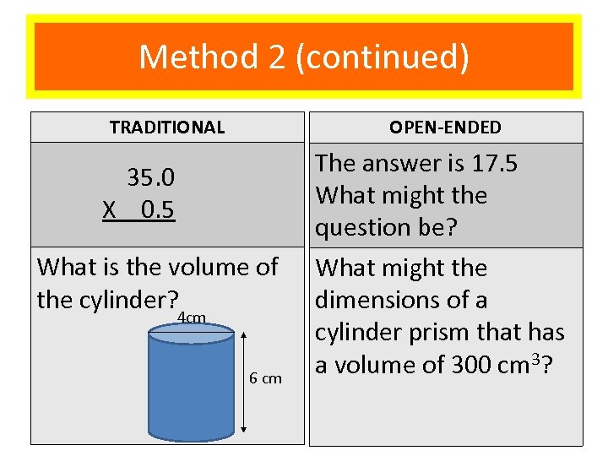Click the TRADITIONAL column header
pos(167,128)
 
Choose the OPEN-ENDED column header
pos(445,128)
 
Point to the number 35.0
pos(151,177)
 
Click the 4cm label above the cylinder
pos(193,318)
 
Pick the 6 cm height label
pos(266,378)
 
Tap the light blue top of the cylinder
pos(191,335)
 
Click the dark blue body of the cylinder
pos(191,388)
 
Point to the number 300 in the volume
pos(452,365)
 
